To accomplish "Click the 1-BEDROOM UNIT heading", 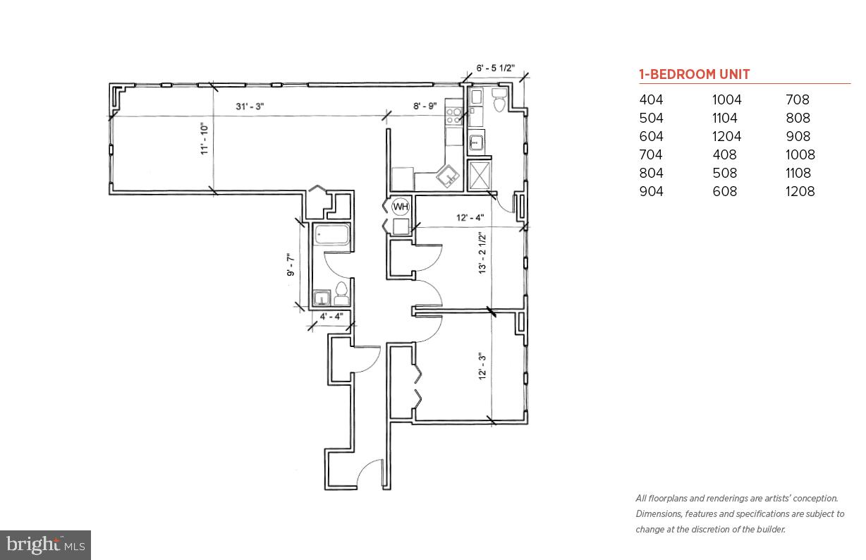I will coord(694,74).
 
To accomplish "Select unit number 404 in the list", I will coord(651,100).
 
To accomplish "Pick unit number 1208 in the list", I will coord(800,191).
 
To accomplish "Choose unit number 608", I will coord(724,191).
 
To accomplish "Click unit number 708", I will coord(798,100).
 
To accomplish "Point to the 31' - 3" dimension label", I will coord(250,107).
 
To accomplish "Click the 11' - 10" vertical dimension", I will coord(205,139).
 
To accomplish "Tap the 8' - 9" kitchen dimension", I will coord(425,106).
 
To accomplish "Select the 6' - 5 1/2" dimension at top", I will coord(495,69).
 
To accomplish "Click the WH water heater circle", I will coord(401,207).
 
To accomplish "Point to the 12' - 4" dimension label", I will coord(470,218).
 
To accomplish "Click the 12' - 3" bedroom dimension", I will coord(483,366).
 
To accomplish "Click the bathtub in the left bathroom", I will coord(331,236).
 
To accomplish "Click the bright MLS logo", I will coord(45,544).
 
